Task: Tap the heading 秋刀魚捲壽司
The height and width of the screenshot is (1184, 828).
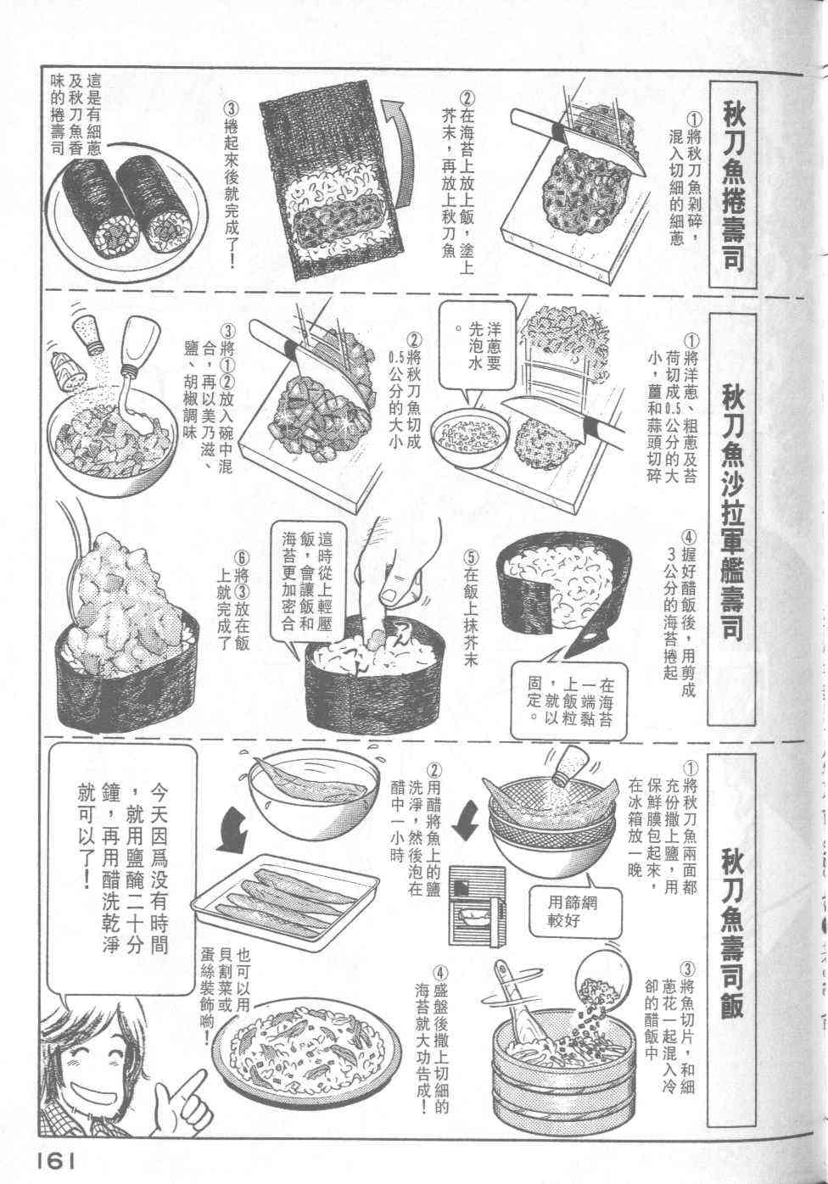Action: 733,183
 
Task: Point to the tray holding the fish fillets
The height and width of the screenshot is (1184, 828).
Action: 285,896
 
